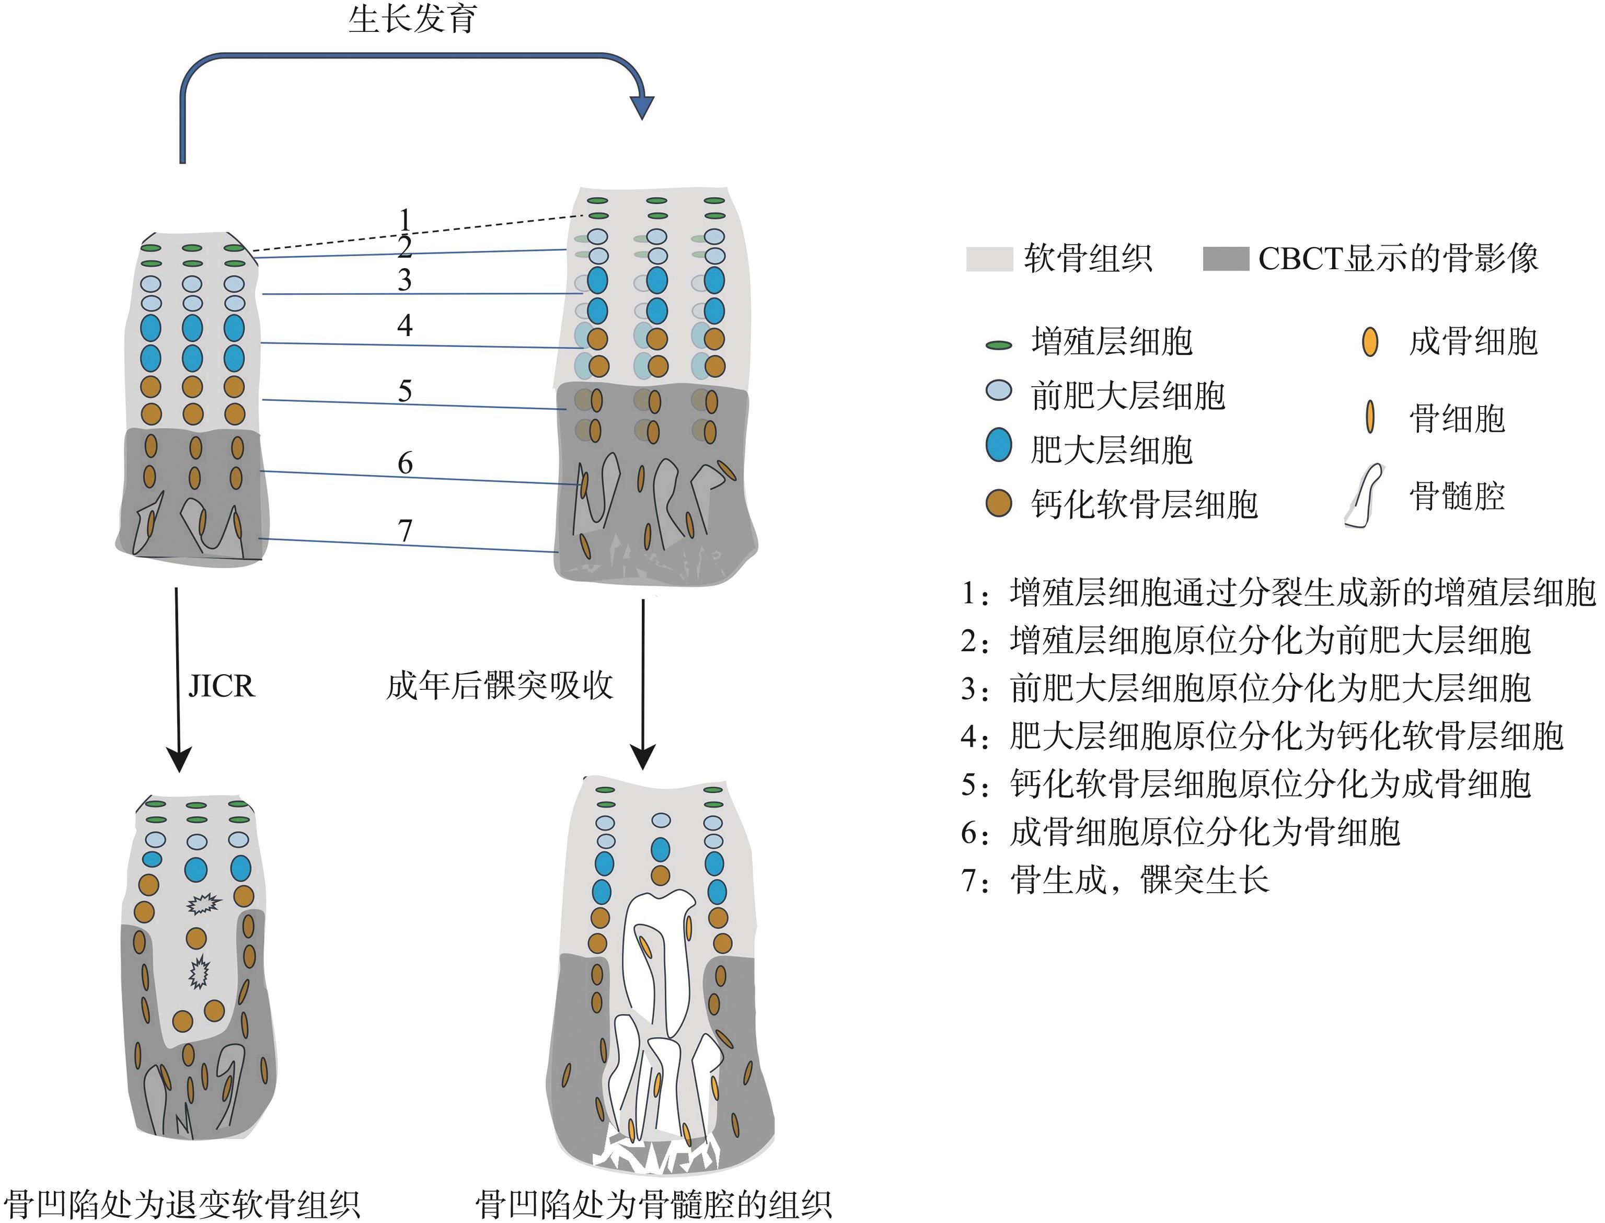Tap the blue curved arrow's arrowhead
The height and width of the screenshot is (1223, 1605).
click(x=641, y=106)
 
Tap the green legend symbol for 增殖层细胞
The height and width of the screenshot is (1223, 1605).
click(x=999, y=345)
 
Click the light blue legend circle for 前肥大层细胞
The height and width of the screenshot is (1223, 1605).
click(x=999, y=391)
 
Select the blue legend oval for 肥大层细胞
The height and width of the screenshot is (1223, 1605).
click(x=999, y=445)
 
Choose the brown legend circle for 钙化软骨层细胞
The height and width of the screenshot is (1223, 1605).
click(x=999, y=503)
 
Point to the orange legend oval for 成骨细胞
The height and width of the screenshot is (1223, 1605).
click(x=1370, y=341)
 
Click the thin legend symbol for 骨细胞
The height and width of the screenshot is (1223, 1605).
click(x=1370, y=417)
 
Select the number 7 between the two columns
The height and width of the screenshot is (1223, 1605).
click(x=406, y=530)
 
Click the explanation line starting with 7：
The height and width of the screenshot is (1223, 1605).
click(x=1115, y=880)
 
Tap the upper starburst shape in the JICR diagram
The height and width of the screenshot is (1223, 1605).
click(x=203, y=904)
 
